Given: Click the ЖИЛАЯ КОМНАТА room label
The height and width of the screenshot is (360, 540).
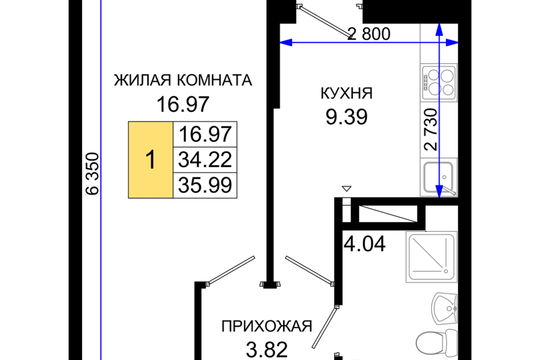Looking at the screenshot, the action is point(183,80).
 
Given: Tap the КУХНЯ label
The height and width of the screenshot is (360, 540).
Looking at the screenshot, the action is point(346,93).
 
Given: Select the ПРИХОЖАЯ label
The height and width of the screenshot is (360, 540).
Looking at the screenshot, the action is point(267,326).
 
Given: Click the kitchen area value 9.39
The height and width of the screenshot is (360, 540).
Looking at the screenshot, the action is point(346,117).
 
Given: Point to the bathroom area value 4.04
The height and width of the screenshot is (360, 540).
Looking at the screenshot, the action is point(364,244).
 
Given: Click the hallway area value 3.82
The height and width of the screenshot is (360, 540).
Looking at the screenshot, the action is point(267,350).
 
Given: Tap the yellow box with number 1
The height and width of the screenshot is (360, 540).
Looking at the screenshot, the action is point(151,160).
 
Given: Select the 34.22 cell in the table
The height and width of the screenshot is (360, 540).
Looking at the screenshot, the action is point(205,160).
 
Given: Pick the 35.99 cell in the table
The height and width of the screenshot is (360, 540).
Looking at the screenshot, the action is point(205,185).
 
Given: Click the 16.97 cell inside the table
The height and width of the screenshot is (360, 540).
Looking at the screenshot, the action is point(205,134).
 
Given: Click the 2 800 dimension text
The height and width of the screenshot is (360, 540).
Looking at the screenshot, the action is point(369,34).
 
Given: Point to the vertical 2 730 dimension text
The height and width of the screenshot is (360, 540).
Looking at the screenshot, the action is point(431,129).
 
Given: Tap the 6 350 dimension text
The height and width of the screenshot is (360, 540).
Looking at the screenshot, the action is point(92,174).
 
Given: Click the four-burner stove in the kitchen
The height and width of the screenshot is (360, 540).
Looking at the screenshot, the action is point(439,83).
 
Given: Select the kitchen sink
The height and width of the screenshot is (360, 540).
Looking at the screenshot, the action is point(439,177).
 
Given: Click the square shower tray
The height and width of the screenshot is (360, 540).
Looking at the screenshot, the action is point(431,256).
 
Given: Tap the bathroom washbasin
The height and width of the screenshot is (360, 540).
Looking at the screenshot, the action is point(445,308).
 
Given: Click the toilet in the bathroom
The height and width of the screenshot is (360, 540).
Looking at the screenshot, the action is point(436,344).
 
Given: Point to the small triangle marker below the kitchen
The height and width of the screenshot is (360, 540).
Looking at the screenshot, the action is point(347,188).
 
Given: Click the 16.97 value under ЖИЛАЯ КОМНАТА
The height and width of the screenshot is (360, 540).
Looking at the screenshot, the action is point(183,104).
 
